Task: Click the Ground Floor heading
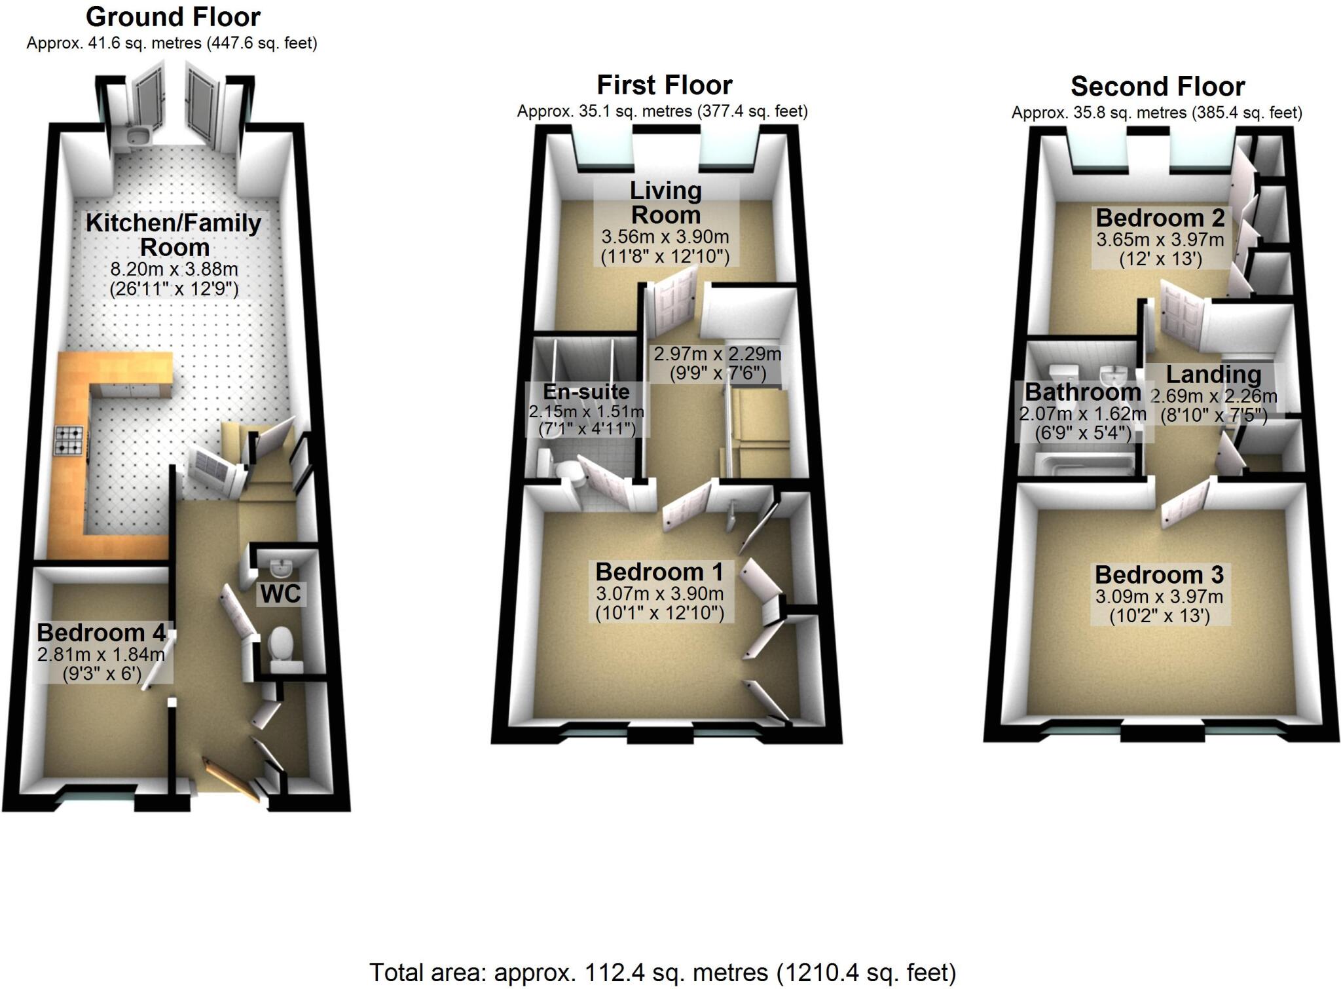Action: pyautogui.click(x=173, y=17)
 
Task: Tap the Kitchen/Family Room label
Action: pyautogui.click(x=174, y=234)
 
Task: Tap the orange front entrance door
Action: pyautogui.click(x=232, y=779)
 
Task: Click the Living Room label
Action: pyautogui.click(x=665, y=202)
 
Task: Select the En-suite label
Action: pyautogui.click(x=586, y=392)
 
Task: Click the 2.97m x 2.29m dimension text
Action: pyautogui.click(x=717, y=354)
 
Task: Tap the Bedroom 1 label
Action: pyautogui.click(x=659, y=572)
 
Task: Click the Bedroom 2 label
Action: pyautogui.click(x=1160, y=217)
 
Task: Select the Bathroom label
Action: pyautogui.click(x=1082, y=392)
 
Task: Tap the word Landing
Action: pyautogui.click(x=1213, y=374)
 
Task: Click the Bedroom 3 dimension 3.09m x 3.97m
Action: pyautogui.click(x=1159, y=597)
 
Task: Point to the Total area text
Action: pyautogui.click(x=663, y=973)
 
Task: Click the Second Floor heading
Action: pyautogui.click(x=1157, y=86)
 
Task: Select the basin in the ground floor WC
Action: pyautogui.click(x=282, y=565)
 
